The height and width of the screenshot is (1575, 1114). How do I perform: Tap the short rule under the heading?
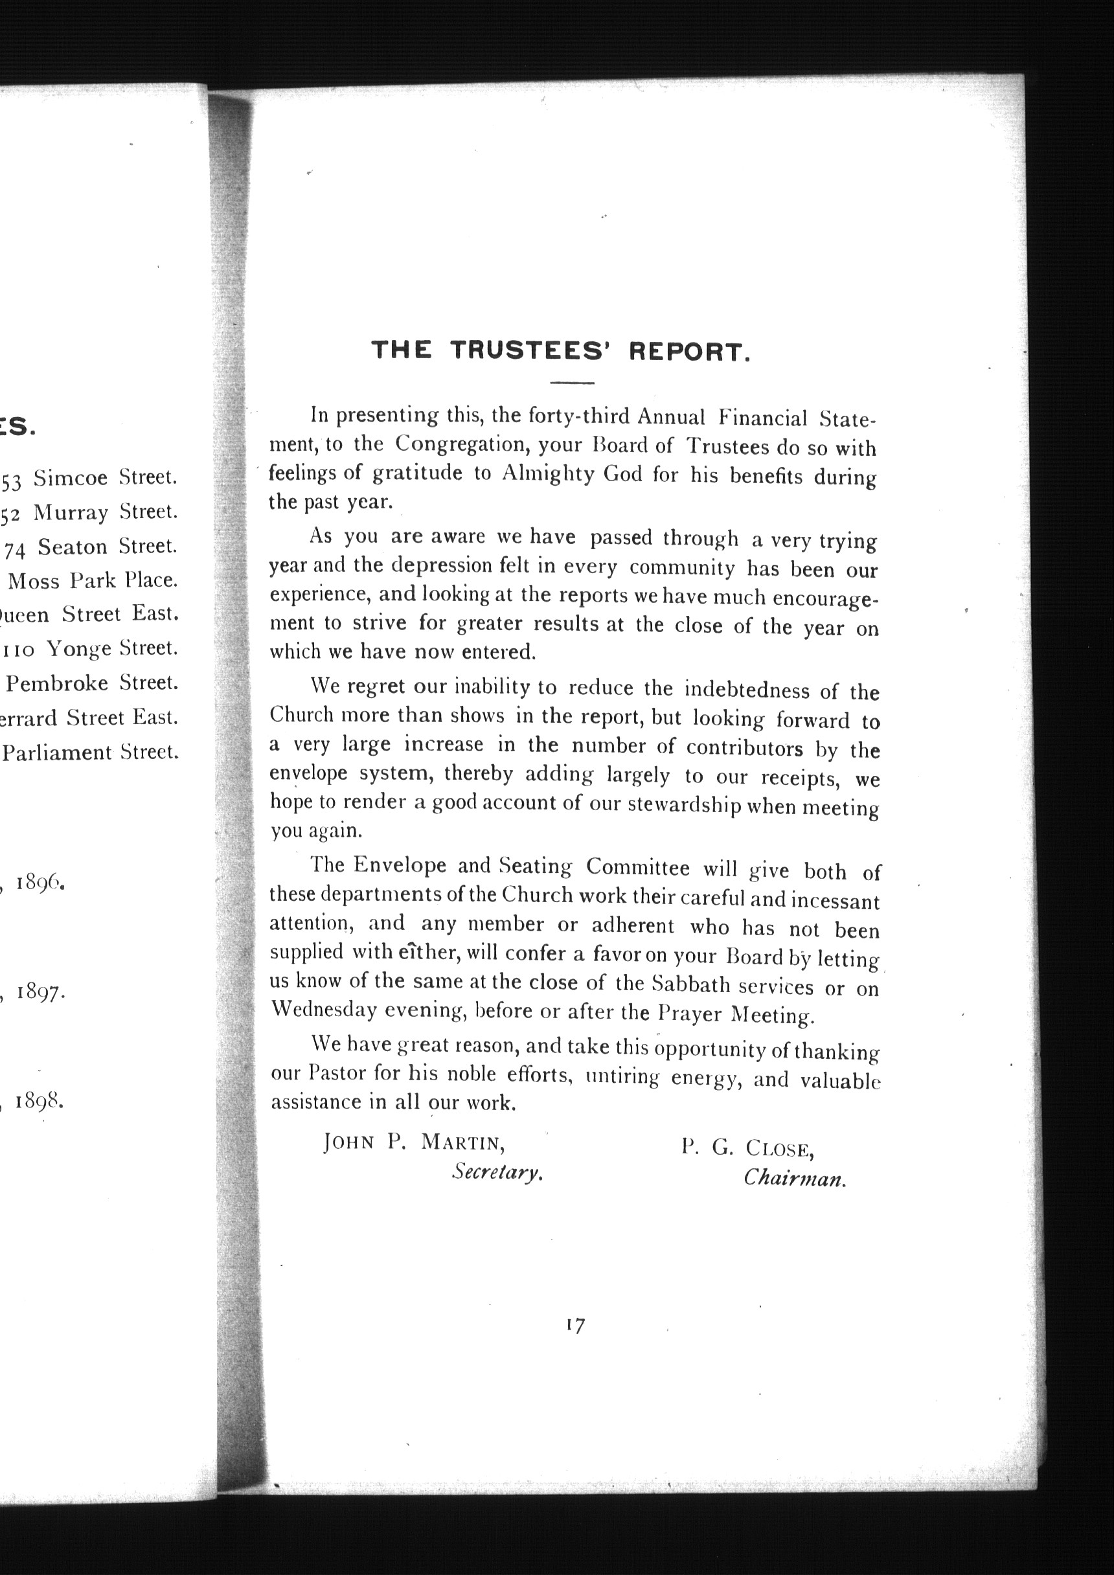pyautogui.click(x=571, y=382)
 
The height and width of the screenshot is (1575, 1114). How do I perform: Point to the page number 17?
pyautogui.click(x=576, y=1326)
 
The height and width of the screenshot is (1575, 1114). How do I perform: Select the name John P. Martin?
pyautogui.click(x=415, y=1142)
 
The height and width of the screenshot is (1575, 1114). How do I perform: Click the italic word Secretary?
pyautogui.click(x=497, y=1172)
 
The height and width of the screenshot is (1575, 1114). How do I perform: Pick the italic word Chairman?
pyautogui.click(x=794, y=1179)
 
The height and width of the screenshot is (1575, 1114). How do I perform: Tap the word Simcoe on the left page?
pyautogui.click(x=70, y=477)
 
